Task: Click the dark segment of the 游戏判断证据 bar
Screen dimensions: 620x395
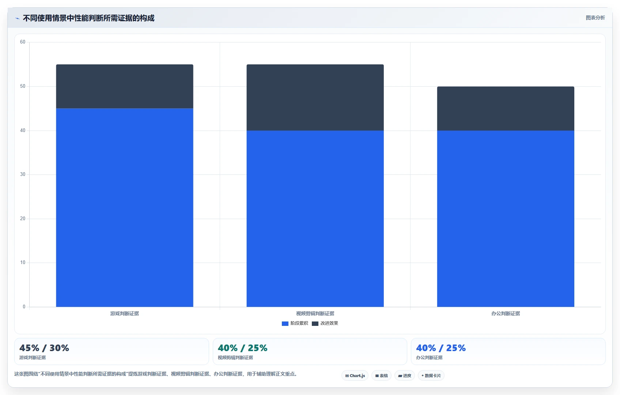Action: [125, 86]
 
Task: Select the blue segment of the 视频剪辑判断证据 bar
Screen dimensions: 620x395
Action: [315, 219]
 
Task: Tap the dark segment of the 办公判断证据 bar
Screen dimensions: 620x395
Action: [506, 109]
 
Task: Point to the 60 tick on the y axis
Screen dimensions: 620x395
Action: [23, 42]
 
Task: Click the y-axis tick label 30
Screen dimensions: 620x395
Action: [23, 174]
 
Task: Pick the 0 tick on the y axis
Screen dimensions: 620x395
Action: [24, 306]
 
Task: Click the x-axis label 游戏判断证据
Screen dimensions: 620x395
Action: [125, 313]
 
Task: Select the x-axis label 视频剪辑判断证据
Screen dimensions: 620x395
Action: [315, 313]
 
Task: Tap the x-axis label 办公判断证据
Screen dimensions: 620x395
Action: [506, 313]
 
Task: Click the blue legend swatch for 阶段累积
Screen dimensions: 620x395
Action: [285, 324]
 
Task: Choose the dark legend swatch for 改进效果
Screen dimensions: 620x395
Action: [315, 324]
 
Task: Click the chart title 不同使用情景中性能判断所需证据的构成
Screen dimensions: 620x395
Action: [88, 18]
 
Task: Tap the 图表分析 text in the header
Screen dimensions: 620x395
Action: [596, 18]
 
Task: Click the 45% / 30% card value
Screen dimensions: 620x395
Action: [44, 348]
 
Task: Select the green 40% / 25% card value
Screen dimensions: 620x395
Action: [242, 348]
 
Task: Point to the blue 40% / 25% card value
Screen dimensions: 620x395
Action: [441, 348]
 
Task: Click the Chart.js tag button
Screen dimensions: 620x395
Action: [355, 376]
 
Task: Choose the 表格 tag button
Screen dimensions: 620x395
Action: [381, 376]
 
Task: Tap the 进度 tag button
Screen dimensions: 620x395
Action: [405, 376]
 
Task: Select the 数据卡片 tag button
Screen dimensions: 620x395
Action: [431, 376]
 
